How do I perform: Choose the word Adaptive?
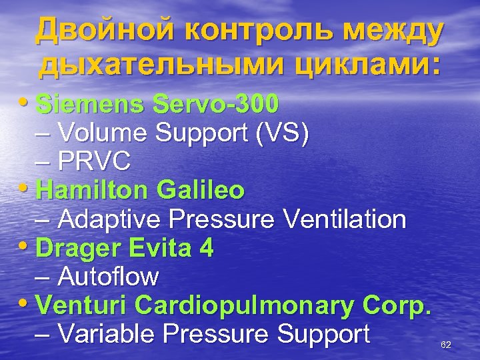pyautogui.click(x=111, y=219)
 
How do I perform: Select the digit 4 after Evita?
pyautogui.click(x=207, y=248)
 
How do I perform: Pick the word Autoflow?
pyautogui.click(x=109, y=276)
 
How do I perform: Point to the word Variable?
pyautogui.click(x=109, y=333)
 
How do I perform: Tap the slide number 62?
pyautogui.click(x=447, y=345)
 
